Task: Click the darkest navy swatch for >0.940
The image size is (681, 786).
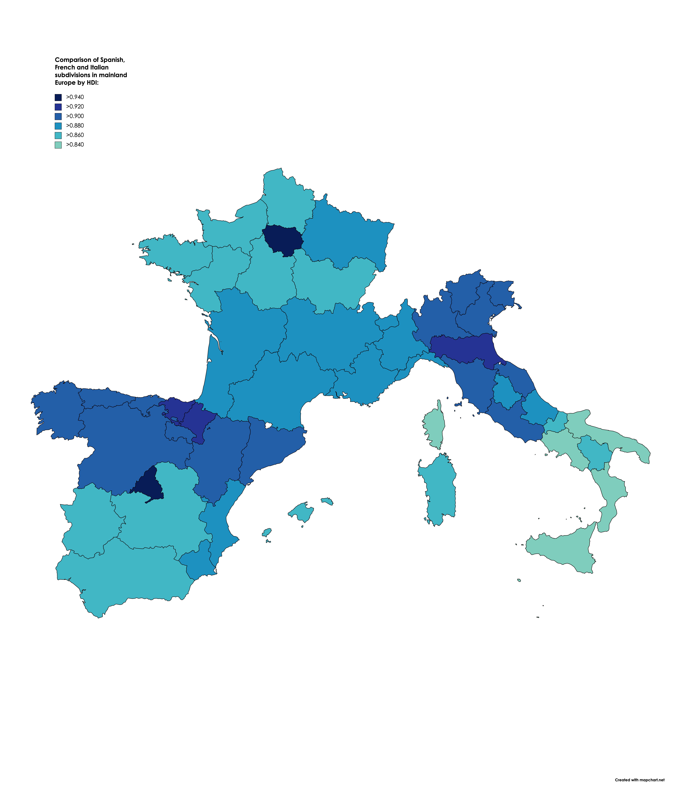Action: coord(58,97)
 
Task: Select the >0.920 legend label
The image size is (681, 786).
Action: coord(75,107)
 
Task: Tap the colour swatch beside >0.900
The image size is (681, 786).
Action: coord(58,116)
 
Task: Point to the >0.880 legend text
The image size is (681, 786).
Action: coord(75,126)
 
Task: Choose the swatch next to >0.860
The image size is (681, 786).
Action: coord(58,135)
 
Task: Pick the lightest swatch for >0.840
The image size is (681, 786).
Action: coord(58,145)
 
